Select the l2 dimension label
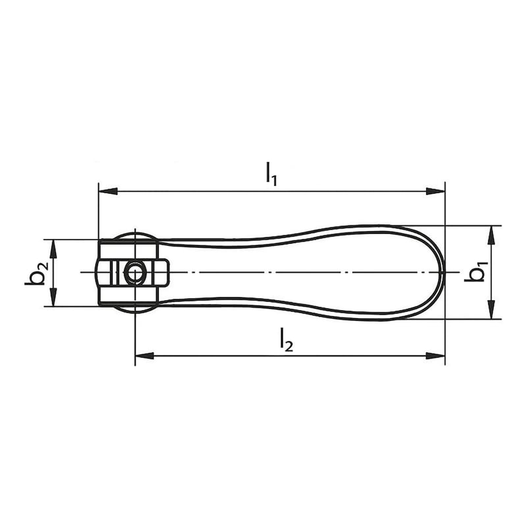tap(285, 339)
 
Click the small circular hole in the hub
tap(134, 272)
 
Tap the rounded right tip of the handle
tap(442, 272)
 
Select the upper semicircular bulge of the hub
tap(134, 235)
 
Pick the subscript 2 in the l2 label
tap(289, 345)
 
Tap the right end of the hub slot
tap(169, 272)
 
